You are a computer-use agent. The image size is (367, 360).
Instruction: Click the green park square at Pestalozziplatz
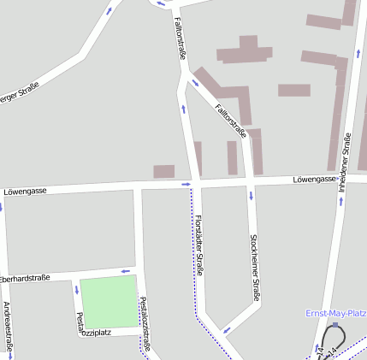click(x=109, y=300)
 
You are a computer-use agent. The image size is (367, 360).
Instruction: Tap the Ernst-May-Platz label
click(x=335, y=313)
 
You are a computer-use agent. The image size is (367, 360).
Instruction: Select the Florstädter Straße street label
click(x=199, y=245)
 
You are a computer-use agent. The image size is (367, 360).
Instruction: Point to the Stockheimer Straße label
click(x=254, y=268)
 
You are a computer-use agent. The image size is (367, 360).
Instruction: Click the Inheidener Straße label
click(x=345, y=160)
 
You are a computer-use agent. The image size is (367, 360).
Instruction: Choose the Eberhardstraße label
click(x=25, y=279)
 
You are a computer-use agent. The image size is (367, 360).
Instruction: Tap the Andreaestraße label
click(x=8, y=328)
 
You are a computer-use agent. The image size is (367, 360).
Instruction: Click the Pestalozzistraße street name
click(x=147, y=323)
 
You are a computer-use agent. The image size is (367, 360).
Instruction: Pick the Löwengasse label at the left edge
click(x=25, y=191)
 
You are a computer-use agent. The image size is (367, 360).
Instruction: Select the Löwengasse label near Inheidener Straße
click(x=314, y=180)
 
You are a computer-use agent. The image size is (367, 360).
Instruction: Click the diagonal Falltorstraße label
click(x=231, y=121)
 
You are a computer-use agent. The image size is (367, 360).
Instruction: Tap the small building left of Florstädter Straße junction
click(x=163, y=171)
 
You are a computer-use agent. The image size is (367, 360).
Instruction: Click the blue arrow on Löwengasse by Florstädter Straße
click(x=185, y=184)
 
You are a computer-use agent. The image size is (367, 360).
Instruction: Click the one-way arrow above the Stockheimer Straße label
click(x=252, y=195)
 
